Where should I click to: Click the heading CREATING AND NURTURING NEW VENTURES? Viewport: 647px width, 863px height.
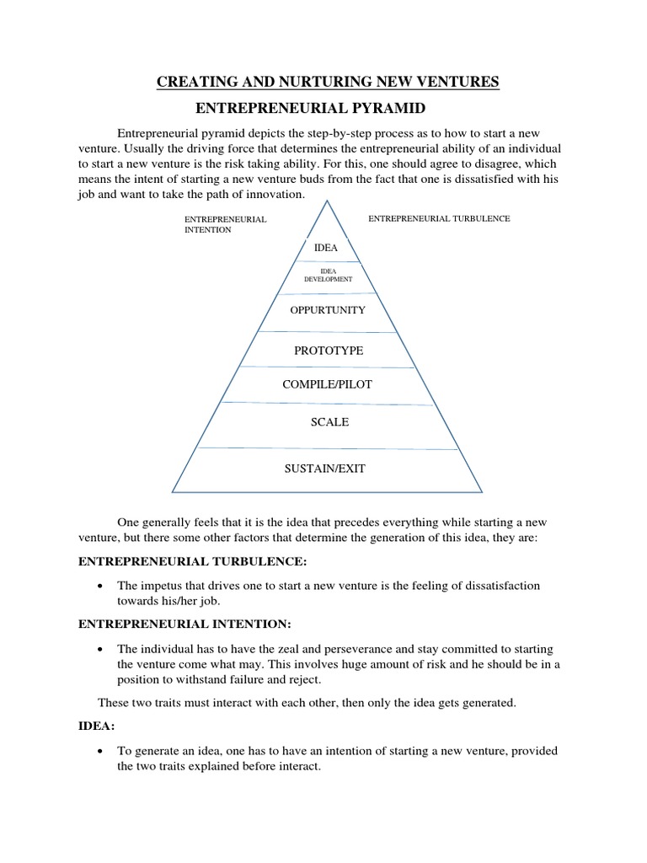click(329, 81)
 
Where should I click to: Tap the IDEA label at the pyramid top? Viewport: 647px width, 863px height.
click(325, 249)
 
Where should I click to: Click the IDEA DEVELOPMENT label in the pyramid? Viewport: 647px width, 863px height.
click(329, 274)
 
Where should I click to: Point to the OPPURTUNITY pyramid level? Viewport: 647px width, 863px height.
click(328, 310)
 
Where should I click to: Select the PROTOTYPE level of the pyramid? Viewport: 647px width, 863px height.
click(329, 351)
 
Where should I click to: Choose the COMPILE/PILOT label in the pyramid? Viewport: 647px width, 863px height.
click(329, 384)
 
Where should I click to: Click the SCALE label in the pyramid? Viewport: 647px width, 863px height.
click(329, 422)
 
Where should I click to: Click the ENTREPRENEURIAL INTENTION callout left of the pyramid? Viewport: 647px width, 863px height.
click(225, 224)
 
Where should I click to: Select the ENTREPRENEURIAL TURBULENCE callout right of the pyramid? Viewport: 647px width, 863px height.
click(439, 218)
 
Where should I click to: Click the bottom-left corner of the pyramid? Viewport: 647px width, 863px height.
click(173, 491)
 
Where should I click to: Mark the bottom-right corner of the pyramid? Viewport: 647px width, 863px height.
click(483, 491)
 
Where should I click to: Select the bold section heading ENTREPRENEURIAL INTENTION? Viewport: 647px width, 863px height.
click(184, 624)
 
